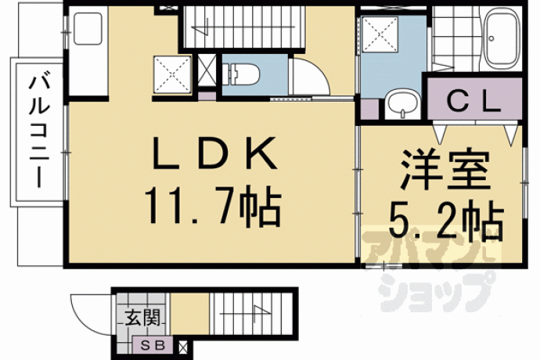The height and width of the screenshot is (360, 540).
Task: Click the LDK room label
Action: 215,153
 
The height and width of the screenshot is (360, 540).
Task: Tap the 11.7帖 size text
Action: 213,206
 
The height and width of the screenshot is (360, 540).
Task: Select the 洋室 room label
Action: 445,170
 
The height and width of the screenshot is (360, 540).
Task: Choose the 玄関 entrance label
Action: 142,317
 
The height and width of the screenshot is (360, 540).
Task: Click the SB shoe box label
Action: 153,345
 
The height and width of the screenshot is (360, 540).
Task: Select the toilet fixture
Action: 240,74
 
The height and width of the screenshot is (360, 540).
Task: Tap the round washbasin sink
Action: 402,103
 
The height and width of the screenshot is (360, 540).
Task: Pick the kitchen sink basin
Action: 88,29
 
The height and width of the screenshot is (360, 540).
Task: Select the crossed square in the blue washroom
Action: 379,34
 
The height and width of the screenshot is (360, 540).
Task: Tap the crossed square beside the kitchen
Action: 172,74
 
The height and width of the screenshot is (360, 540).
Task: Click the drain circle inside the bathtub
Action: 491,38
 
